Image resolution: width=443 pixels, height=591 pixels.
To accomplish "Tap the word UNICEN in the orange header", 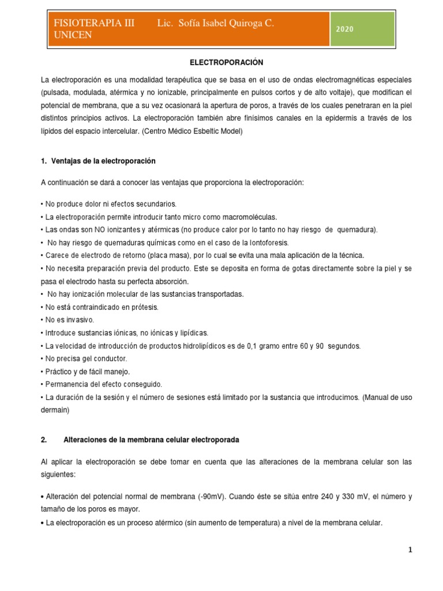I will pyautogui.click(x=72, y=35).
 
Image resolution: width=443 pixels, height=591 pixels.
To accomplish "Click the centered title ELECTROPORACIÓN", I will pyautogui.click(x=221, y=62).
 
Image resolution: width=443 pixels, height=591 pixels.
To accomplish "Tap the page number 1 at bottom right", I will pyautogui.click(x=411, y=551).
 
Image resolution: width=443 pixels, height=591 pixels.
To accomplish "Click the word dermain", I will pyautogui.click(x=55, y=410).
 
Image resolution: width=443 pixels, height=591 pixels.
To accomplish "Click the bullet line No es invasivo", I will pyautogui.click(x=68, y=320).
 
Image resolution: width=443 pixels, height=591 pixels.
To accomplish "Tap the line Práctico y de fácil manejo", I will pyautogui.click(x=87, y=371).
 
